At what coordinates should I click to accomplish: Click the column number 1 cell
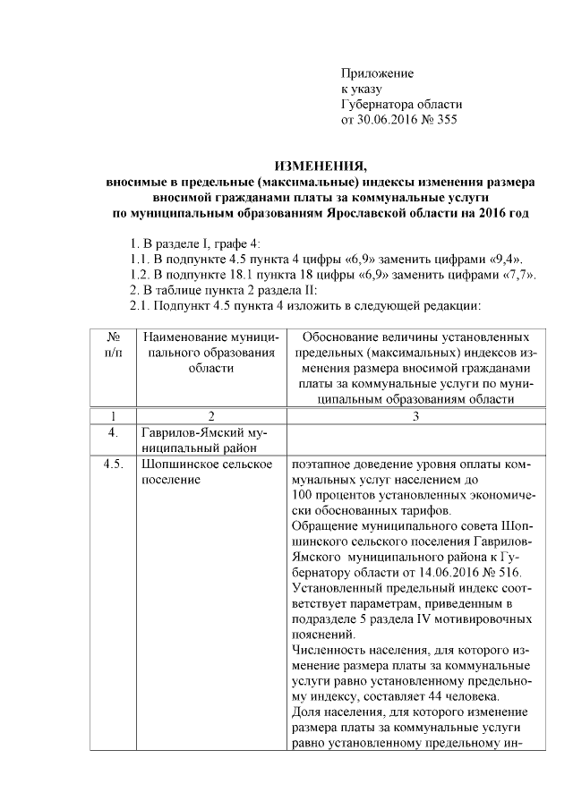point(114,416)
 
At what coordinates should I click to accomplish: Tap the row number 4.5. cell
point(114,466)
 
